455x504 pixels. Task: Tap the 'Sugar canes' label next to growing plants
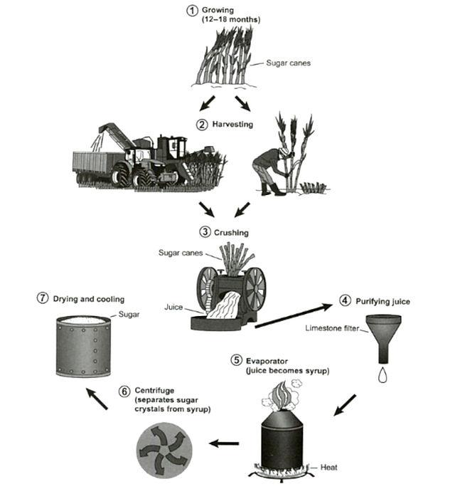288,63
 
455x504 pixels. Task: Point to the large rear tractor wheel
126,173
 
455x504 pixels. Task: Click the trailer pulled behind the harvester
92,166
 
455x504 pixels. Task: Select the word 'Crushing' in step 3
229,232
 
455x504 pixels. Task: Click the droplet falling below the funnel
382,374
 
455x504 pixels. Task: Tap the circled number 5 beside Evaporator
236,360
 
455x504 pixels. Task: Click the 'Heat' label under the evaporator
328,468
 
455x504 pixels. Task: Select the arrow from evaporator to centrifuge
223,443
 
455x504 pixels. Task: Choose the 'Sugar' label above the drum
129,313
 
